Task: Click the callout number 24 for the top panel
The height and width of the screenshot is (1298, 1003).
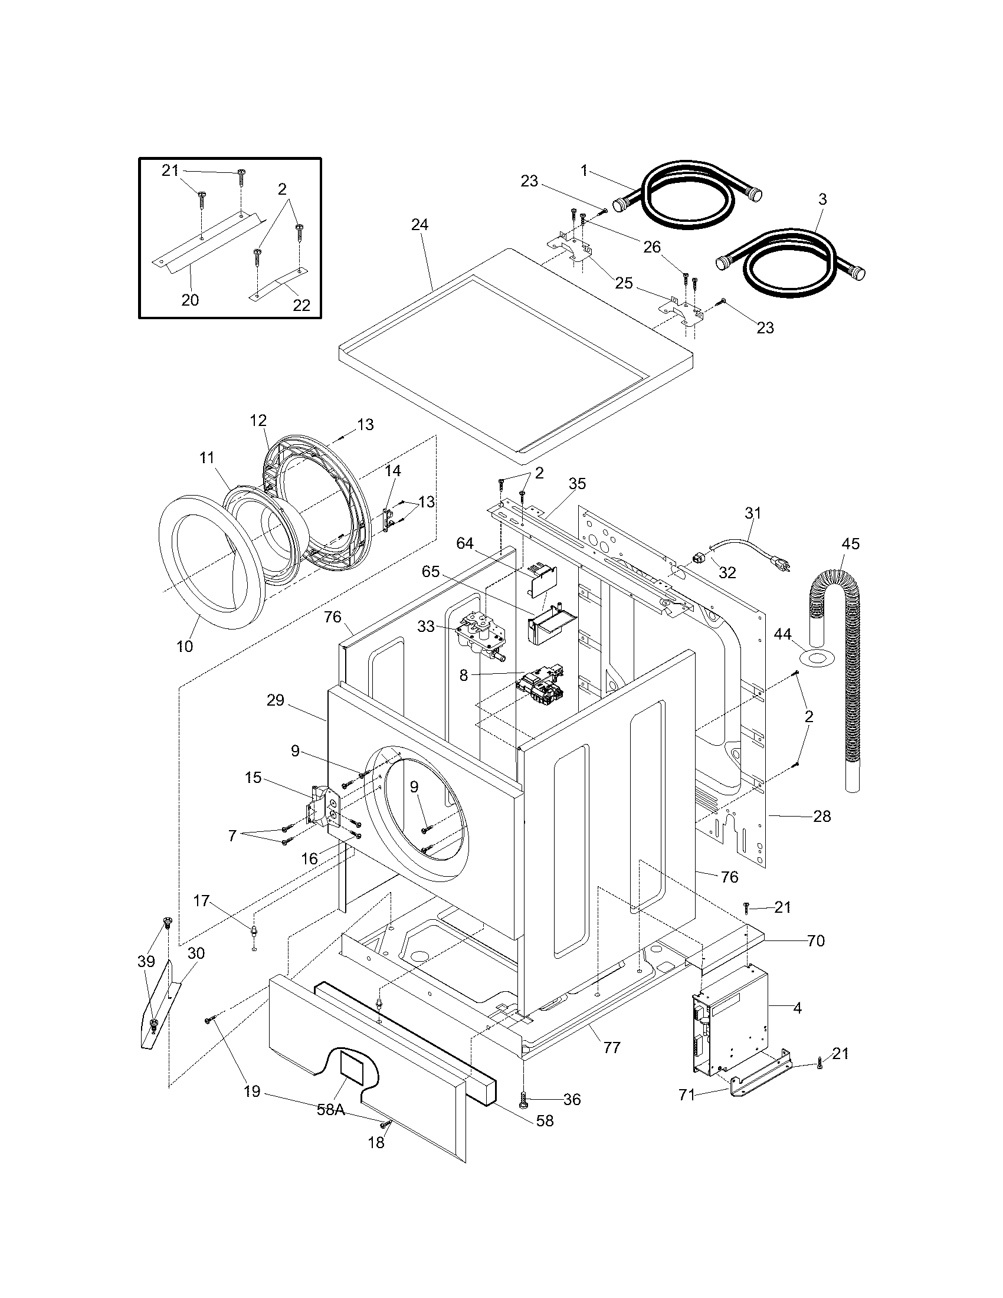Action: click(419, 225)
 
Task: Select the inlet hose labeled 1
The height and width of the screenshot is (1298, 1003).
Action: click(689, 196)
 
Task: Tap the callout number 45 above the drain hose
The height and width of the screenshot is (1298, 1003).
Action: click(850, 544)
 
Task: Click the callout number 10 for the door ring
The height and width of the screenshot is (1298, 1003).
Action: click(185, 646)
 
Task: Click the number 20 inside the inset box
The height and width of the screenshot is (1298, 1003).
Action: click(190, 300)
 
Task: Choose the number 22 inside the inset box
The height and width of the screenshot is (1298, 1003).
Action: click(301, 305)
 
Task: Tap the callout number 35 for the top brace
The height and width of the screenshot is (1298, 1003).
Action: click(576, 484)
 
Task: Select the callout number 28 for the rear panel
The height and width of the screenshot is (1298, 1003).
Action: click(822, 816)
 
